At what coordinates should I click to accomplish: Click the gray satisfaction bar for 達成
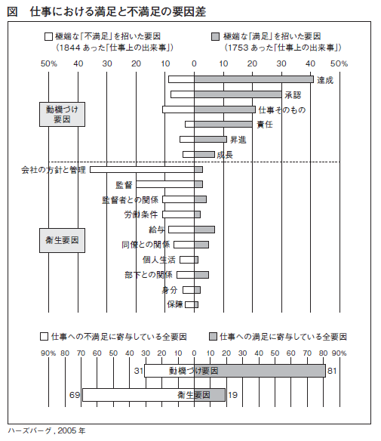coord(253,79)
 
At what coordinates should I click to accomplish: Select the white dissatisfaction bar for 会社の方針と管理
coord(142,169)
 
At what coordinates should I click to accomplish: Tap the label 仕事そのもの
coord(282,109)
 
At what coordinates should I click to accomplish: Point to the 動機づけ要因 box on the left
coord(62,114)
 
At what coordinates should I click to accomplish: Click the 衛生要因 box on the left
coord(62,240)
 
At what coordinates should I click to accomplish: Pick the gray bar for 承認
coord(238,94)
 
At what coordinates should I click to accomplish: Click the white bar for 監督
coord(165,184)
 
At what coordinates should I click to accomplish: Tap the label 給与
coord(156,230)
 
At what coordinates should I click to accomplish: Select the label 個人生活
coord(158,260)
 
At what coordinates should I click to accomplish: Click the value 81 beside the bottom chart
coord(332,371)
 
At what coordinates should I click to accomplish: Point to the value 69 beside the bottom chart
coord(75,395)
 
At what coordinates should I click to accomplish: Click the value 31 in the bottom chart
coord(139,371)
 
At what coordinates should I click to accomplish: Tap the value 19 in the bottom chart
coord(232,395)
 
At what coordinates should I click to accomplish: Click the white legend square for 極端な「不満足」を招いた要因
coord(48,36)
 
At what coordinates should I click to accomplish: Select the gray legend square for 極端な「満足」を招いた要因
coord(215,36)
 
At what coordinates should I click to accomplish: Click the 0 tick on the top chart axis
coord(194,64)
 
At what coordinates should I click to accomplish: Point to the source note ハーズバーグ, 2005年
coord(46,430)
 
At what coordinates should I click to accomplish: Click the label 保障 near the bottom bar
coord(175,304)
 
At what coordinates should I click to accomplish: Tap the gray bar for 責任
coord(223,125)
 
